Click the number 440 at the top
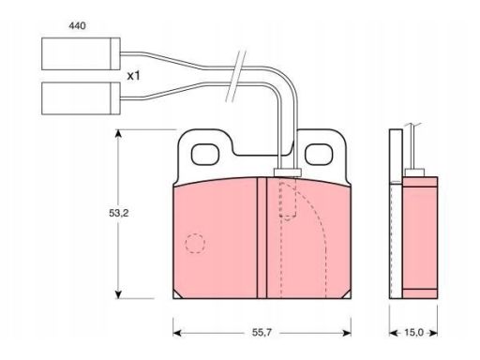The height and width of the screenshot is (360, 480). [77, 25]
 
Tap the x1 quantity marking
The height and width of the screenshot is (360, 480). [133, 76]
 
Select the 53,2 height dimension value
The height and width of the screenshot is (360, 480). [119, 213]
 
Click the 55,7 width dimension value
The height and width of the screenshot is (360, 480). [262, 333]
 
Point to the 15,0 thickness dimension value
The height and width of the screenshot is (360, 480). [413, 333]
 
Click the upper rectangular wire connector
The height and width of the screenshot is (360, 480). [81, 53]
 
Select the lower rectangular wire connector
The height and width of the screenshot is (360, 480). [81, 98]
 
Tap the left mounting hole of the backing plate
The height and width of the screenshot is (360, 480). [205, 155]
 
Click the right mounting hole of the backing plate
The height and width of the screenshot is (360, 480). [319, 155]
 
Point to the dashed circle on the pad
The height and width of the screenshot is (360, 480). [195, 243]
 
